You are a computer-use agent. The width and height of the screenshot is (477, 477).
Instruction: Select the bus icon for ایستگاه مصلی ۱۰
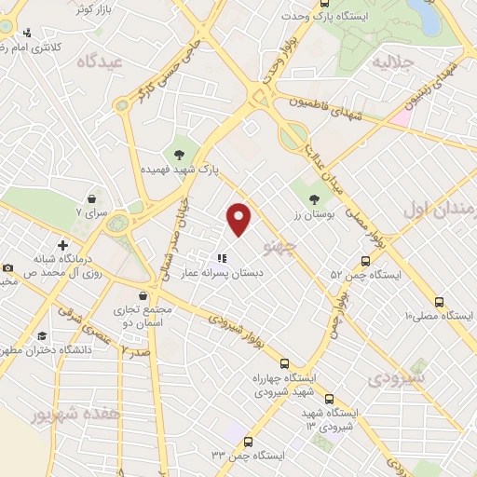pos(439,302)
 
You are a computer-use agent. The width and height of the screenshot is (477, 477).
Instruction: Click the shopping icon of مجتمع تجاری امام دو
pos(143,295)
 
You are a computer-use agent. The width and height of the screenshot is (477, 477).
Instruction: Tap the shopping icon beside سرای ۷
pos(92,198)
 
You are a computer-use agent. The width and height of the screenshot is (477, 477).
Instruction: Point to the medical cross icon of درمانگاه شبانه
pos(61,245)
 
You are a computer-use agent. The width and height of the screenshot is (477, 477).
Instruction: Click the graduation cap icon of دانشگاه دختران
pos(41,336)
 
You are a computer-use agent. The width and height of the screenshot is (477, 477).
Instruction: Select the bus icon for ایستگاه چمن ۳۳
pos(246,442)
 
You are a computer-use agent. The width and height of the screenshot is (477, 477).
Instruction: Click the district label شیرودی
pos(397,378)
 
